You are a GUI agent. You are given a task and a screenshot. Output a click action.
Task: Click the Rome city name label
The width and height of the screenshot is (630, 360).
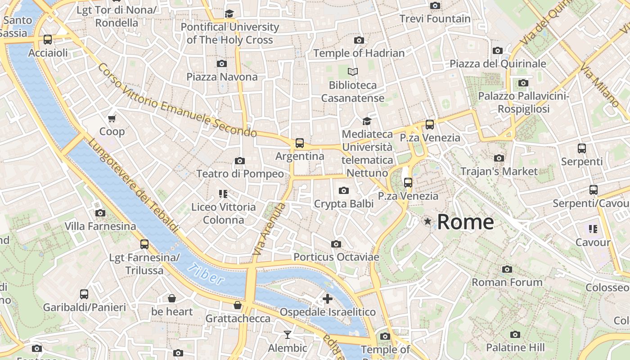[x=465, y=222]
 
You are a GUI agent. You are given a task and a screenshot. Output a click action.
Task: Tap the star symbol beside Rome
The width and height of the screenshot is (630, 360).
[x=427, y=221]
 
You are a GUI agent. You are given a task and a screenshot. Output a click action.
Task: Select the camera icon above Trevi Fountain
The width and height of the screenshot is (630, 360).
[x=435, y=6]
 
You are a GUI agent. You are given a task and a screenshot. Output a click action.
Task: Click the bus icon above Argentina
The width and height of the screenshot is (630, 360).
[x=300, y=143]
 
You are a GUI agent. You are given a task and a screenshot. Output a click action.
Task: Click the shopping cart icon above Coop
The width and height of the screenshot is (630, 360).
[x=112, y=118]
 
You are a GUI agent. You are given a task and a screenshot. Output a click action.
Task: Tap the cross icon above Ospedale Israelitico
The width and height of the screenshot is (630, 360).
[x=328, y=298]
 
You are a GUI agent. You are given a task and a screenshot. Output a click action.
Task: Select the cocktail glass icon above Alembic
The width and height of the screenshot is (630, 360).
[x=287, y=334]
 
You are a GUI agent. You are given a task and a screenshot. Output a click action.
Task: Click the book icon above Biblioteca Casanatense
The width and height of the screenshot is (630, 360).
[x=353, y=72]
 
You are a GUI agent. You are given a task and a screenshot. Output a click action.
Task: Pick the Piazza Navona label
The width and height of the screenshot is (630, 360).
[x=222, y=77]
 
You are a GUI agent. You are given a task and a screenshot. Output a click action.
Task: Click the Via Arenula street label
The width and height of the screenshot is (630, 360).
[x=269, y=229]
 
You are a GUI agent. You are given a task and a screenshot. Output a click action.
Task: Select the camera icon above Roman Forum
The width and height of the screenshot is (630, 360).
[x=507, y=269]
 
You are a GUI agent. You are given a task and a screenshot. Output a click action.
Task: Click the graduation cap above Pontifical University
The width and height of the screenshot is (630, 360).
[x=229, y=13]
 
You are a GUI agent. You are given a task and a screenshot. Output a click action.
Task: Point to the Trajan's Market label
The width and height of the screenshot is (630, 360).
[x=499, y=171]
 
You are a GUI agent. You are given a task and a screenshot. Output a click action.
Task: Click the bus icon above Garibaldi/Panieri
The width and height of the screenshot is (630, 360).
[x=84, y=294]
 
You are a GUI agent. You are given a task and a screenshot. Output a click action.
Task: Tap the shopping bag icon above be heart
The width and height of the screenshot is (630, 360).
[x=171, y=298]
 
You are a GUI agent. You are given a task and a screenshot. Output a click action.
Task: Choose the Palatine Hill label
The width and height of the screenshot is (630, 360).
[x=515, y=347]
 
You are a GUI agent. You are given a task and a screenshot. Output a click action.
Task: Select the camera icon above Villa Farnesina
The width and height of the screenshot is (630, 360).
[x=100, y=213]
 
